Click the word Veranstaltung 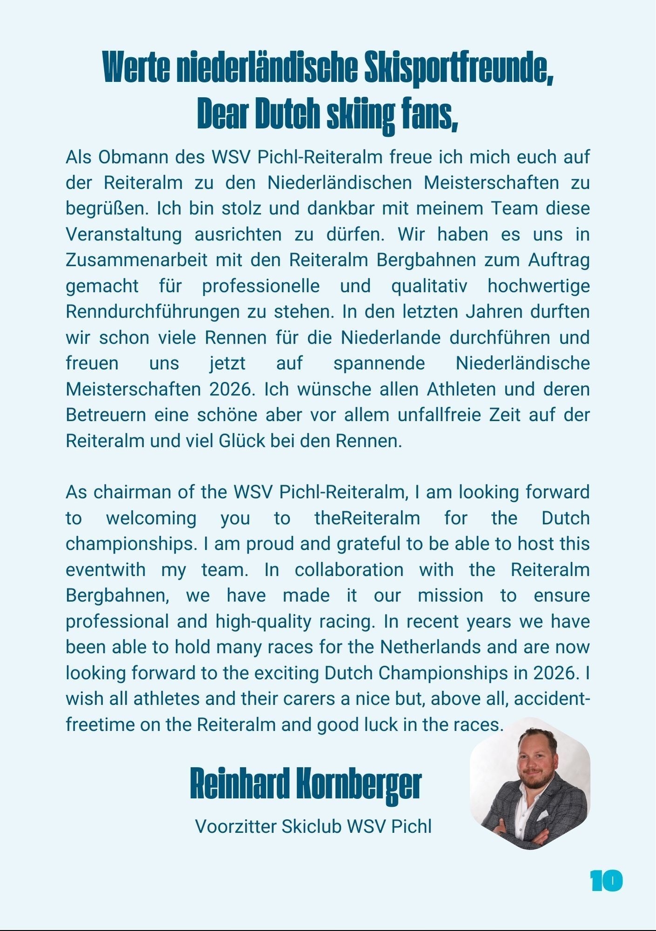click(x=123, y=235)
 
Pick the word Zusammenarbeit click(x=136, y=260)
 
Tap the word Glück click(x=242, y=441)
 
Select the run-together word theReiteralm click(x=367, y=518)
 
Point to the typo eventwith click(x=106, y=570)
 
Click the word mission click(x=450, y=595)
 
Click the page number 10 click(x=606, y=881)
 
